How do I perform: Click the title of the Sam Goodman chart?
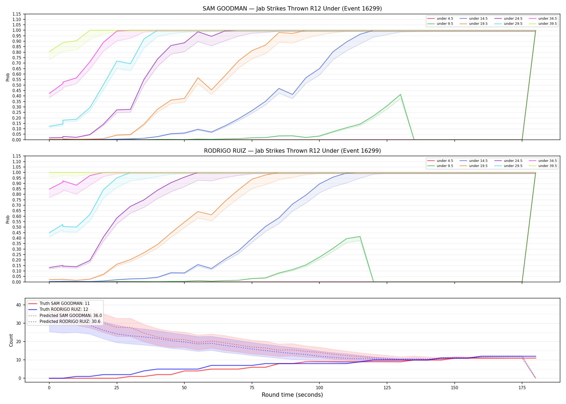click(292, 9)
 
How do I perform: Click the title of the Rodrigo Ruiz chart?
click(292, 151)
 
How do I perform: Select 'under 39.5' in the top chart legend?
click(547, 24)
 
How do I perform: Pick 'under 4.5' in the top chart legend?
click(445, 19)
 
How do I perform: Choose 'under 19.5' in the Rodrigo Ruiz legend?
click(478, 166)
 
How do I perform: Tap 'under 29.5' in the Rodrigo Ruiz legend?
click(513, 166)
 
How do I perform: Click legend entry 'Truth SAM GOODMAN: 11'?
click(65, 304)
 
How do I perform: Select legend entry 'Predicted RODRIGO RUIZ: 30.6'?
click(70, 322)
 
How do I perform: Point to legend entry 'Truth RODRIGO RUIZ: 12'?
click(64, 309)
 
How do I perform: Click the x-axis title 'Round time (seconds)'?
click(292, 395)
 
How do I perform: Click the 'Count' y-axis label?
click(11, 340)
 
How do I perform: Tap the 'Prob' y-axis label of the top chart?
click(8, 77)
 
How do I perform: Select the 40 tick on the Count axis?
click(19, 305)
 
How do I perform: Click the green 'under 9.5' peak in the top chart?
click(401, 94)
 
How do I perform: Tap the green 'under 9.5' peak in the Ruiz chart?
click(360, 236)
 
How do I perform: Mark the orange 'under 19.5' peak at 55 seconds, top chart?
click(198, 78)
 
